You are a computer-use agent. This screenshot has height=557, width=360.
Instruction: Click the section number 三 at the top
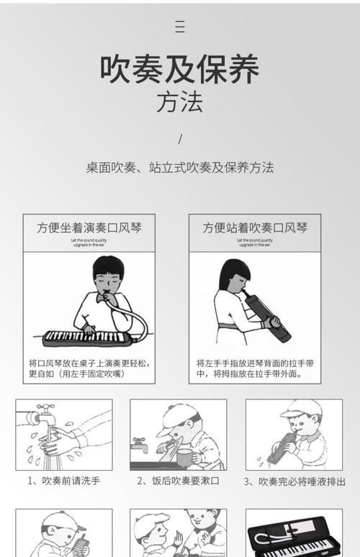[x=180, y=27]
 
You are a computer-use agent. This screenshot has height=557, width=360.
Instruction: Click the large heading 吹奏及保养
[x=179, y=69]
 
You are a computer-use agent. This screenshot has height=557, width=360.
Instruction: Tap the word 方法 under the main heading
[x=179, y=101]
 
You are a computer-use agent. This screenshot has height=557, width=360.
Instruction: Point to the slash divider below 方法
[x=180, y=138]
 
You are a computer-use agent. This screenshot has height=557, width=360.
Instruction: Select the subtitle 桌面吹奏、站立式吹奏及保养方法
[x=180, y=168]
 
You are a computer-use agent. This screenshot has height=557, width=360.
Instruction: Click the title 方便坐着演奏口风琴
[x=89, y=228]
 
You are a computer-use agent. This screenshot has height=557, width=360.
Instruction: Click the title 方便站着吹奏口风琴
[x=255, y=228]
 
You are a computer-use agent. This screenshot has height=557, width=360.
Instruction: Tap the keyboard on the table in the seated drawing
[x=81, y=336]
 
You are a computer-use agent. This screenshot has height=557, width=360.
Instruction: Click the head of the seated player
[x=108, y=273]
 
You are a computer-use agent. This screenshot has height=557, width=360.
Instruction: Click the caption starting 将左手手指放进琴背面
[x=255, y=368]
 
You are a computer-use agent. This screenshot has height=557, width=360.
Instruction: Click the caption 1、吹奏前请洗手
[x=64, y=481]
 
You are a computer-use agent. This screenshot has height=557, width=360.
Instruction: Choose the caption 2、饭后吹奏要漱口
[x=178, y=481]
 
